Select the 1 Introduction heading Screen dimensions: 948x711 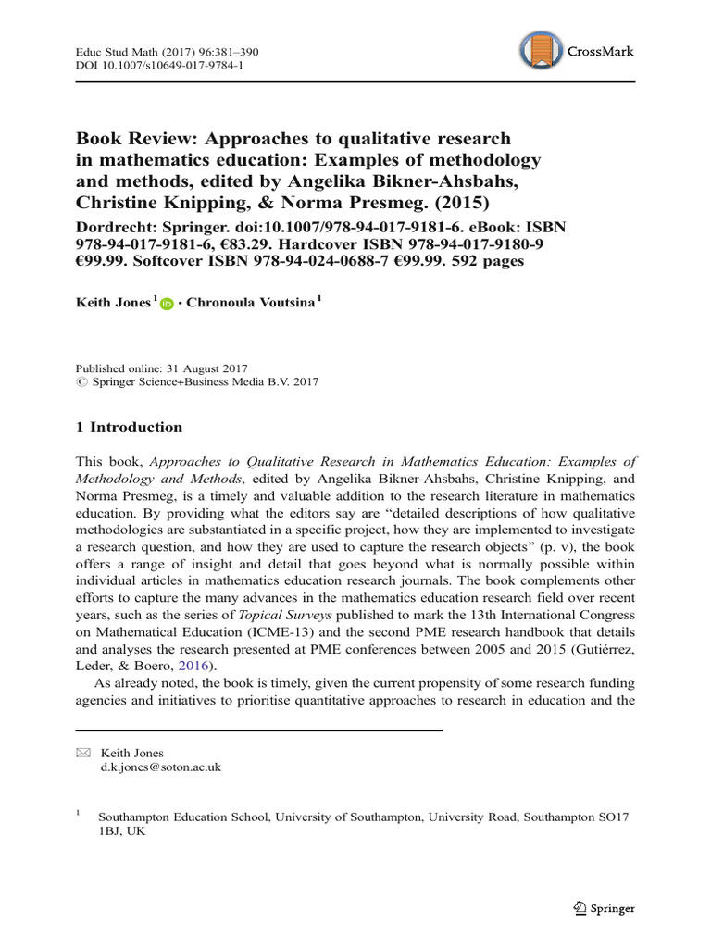tap(129, 427)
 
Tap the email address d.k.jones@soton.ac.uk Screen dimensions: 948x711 tap(159, 767)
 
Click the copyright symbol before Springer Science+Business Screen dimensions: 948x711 tap(80, 381)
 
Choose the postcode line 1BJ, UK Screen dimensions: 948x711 tap(121, 830)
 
